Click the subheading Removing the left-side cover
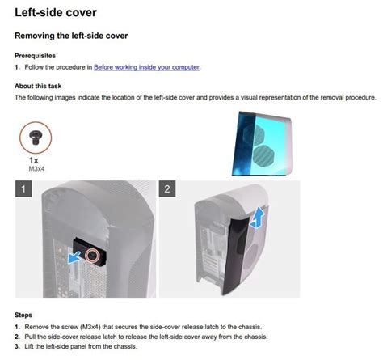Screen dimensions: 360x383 tap(72, 36)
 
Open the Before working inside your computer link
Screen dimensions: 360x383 tap(146, 67)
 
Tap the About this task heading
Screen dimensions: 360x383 tap(37, 85)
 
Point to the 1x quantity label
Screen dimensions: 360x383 tap(36, 161)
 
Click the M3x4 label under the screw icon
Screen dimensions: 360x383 tap(36, 170)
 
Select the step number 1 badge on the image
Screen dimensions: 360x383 tap(26, 190)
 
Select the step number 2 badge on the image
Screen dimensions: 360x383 tap(168, 190)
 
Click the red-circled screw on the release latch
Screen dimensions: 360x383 tap(94, 256)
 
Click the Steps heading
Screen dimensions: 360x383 tap(23, 315)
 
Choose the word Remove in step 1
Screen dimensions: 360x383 tap(36, 327)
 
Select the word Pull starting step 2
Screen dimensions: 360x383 tap(31, 337)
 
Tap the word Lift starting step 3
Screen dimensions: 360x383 tap(30, 346)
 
